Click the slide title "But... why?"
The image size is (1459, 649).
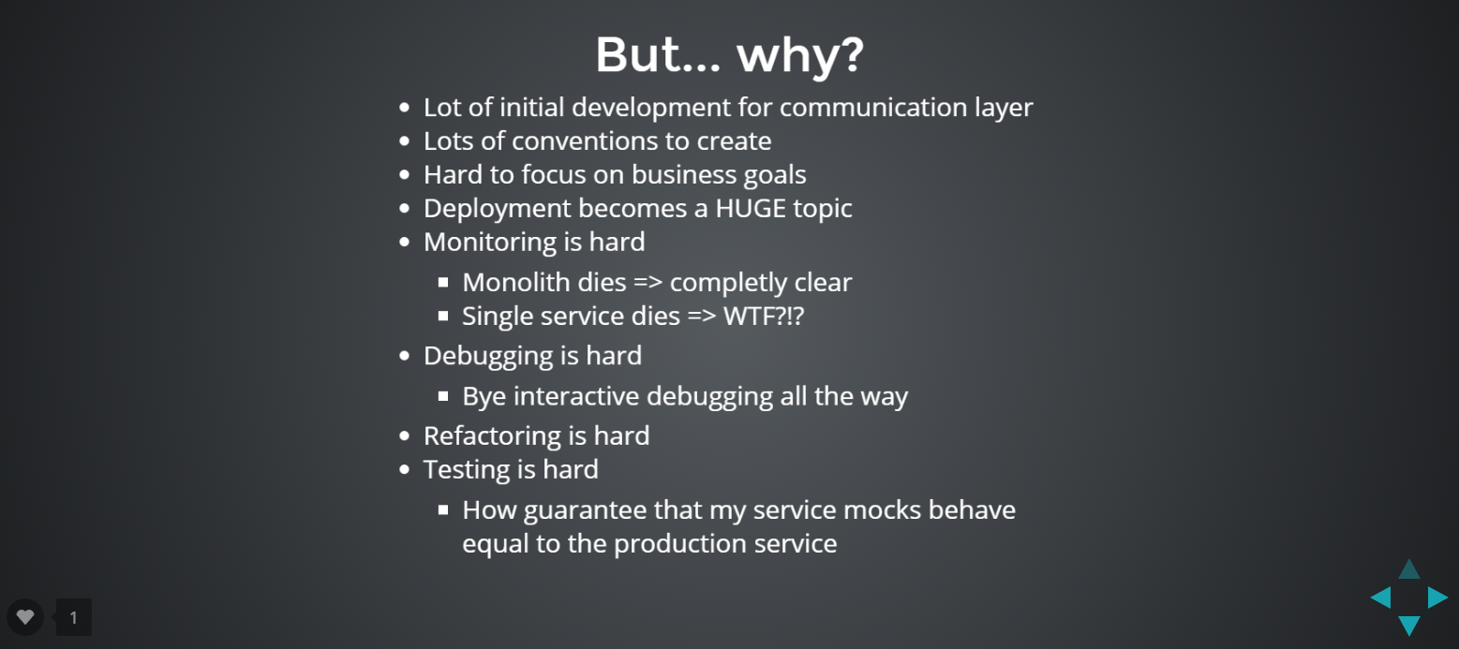[x=729, y=54]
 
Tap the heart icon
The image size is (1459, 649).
[x=25, y=616]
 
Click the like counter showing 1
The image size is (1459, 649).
[x=74, y=617]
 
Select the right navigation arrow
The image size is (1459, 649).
[x=1437, y=597]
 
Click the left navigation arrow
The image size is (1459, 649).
[x=1381, y=597]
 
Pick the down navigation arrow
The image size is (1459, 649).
[x=1409, y=626]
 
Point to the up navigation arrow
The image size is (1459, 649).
[x=1409, y=569]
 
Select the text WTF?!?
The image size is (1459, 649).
[x=764, y=317]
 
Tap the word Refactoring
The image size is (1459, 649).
[x=492, y=436]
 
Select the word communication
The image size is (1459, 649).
[x=872, y=108]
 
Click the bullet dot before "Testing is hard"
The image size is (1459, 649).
[x=405, y=469]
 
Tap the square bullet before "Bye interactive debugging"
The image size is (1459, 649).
[x=443, y=396]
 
